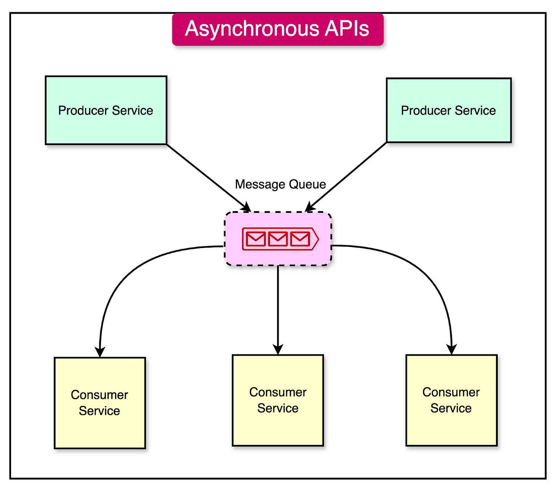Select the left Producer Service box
point(106,110)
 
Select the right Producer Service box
point(449,110)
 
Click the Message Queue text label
point(280,184)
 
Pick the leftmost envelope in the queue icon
point(255,239)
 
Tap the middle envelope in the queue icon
point(277,239)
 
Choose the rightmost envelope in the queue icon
point(300,239)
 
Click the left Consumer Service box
point(100,403)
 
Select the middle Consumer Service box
point(278,400)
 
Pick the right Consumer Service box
point(451,400)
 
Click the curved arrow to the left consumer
point(126,279)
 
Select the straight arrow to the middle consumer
point(278,305)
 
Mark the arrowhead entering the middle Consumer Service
point(278,349)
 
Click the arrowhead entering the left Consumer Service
point(100,352)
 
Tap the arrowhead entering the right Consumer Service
point(452,349)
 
